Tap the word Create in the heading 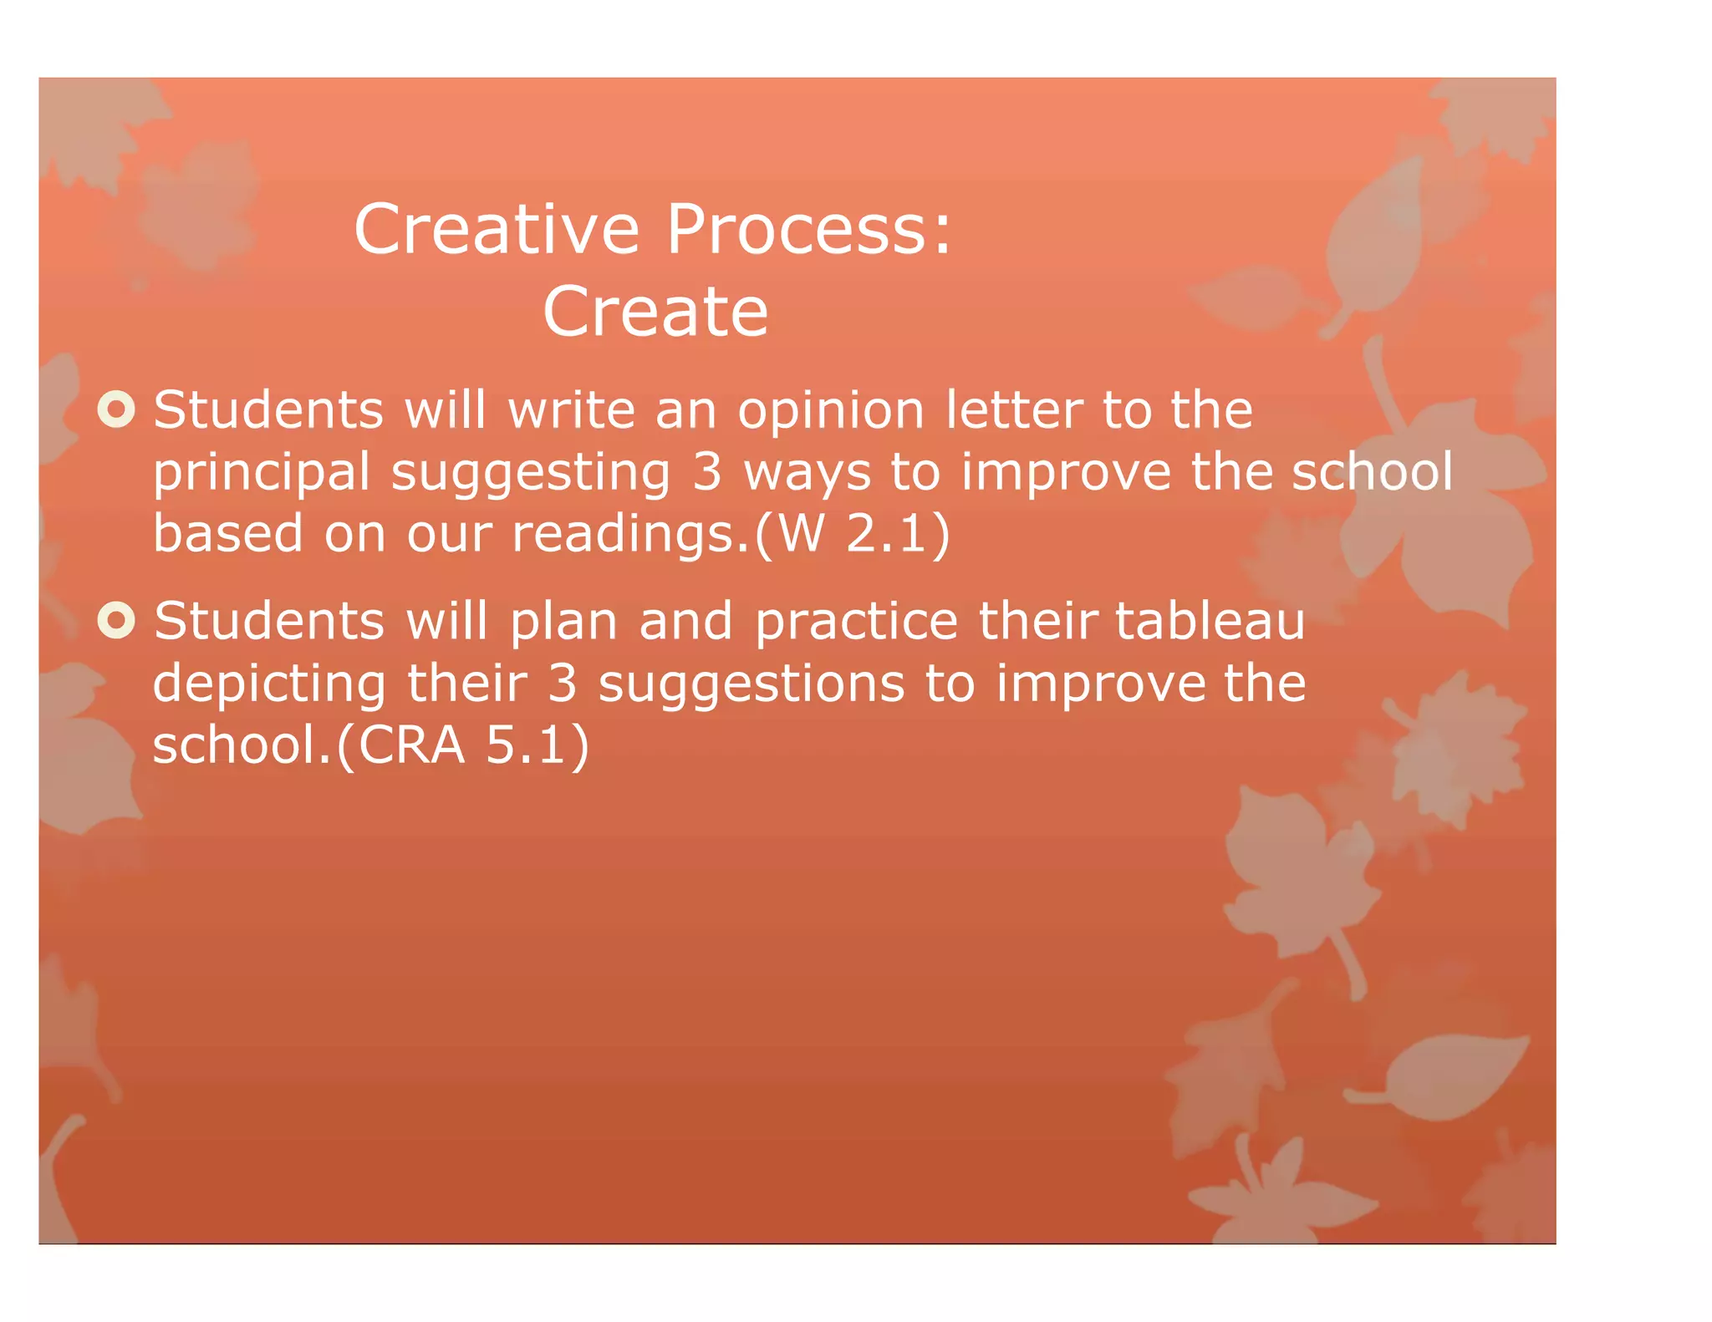[x=655, y=312]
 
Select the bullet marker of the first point [x=116, y=409]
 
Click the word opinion [x=830, y=411]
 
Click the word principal [x=261, y=473]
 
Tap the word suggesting [x=530, y=473]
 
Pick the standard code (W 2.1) [x=852, y=534]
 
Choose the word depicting [x=269, y=684]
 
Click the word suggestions [x=751, y=684]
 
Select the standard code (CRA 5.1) [x=462, y=745]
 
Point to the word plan [x=563, y=623]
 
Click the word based [x=227, y=534]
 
